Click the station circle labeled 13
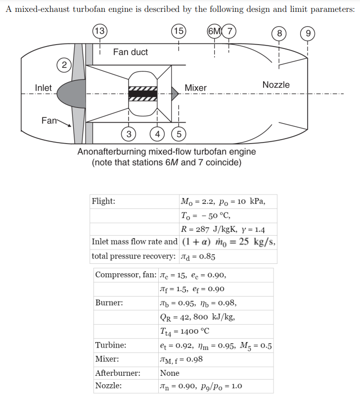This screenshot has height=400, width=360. pyautogui.click(x=99, y=31)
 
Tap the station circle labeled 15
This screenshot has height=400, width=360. pyautogui.click(x=178, y=31)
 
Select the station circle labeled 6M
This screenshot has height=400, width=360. pyautogui.click(x=215, y=31)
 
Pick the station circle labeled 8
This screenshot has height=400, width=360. pyautogui.click(x=279, y=34)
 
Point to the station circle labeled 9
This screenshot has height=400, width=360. pyautogui.click(x=308, y=34)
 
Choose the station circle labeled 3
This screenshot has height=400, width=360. pyautogui.click(x=129, y=134)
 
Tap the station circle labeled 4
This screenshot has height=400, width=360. pyautogui.click(x=158, y=134)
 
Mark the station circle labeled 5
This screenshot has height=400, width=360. pyautogui.click(x=179, y=134)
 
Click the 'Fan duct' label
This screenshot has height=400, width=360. pyautogui.click(x=131, y=52)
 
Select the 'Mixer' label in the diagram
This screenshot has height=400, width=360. pyautogui.click(x=195, y=88)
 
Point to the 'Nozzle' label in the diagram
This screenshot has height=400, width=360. pyautogui.click(x=276, y=85)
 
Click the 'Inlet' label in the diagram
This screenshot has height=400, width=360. pyautogui.click(x=43, y=88)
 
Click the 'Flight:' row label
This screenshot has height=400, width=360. pyautogui.click(x=103, y=201)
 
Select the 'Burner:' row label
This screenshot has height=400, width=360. pyautogui.click(x=109, y=302)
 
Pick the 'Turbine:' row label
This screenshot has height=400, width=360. pyautogui.click(x=110, y=345)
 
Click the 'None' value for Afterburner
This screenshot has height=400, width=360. pyautogui.click(x=170, y=373)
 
